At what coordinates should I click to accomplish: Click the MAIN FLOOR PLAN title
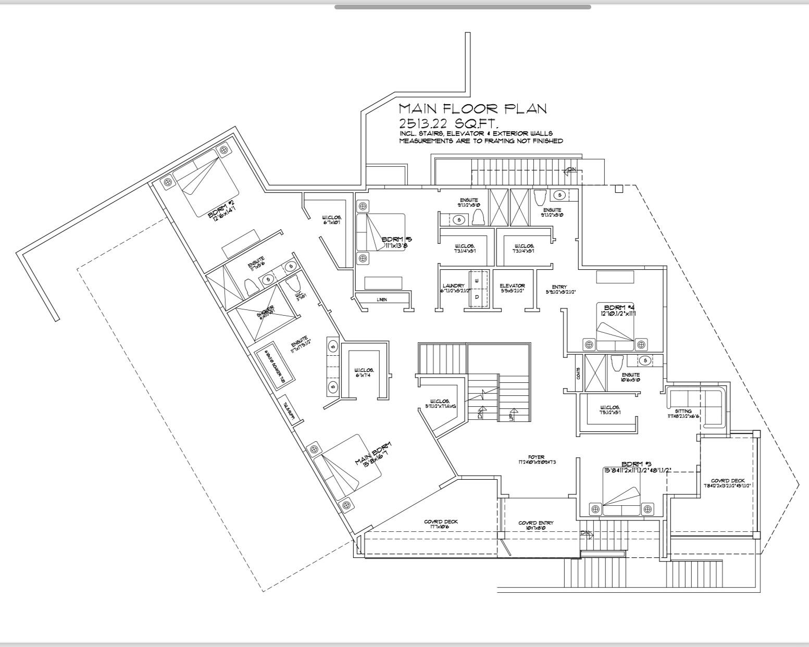[x=472, y=108]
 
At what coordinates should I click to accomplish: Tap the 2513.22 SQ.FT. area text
[x=448, y=123]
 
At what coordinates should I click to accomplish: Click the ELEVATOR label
[x=512, y=285]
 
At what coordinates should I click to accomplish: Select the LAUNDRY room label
[x=453, y=285]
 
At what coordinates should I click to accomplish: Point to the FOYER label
[x=536, y=457]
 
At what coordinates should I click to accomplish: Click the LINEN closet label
[x=382, y=300]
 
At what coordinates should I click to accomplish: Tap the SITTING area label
[x=683, y=411]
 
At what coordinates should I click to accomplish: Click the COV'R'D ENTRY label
[x=536, y=523]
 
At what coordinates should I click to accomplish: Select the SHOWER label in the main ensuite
[x=265, y=314]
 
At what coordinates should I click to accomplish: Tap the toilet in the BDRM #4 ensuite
[x=617, y=363]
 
